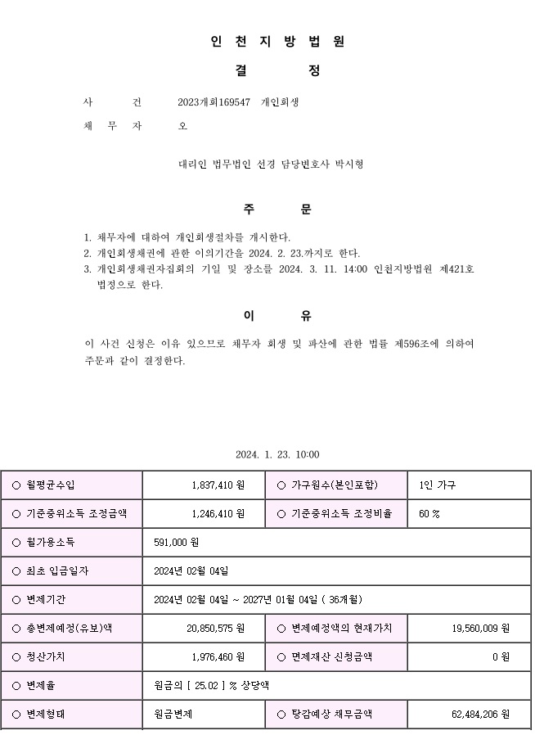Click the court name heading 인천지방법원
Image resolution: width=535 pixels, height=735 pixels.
(277, 42)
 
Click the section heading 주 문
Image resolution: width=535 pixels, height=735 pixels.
(277, 209)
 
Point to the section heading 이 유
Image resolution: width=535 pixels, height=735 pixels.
(277, 316)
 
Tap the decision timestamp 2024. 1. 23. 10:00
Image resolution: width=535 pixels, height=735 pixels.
(277, 455)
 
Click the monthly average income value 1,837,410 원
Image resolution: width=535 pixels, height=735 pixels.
(218, 485)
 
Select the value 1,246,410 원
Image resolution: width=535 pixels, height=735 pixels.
(218, 514)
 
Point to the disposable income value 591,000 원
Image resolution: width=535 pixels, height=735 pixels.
(177, 543)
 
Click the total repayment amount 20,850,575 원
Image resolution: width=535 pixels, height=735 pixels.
(215, 628)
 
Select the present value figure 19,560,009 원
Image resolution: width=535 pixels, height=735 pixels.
(480, 628)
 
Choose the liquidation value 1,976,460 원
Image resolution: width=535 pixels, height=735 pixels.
(218, 656)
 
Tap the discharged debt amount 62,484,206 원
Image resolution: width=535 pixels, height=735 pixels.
(480, 714)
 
